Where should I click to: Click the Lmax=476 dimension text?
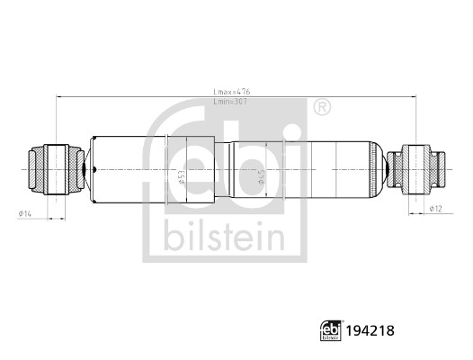click(232, 92)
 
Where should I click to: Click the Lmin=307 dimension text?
click(230, 102)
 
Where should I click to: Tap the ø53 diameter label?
click(181, 177)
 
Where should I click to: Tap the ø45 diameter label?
click(262, 176)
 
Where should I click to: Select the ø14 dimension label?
click(25, 213)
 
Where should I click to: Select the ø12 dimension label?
click(435, 209)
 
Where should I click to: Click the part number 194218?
click(370, 330)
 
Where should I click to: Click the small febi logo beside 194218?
click(331, 330)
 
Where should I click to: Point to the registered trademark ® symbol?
click(322, 107)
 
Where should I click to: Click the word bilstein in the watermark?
click(224, 236)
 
